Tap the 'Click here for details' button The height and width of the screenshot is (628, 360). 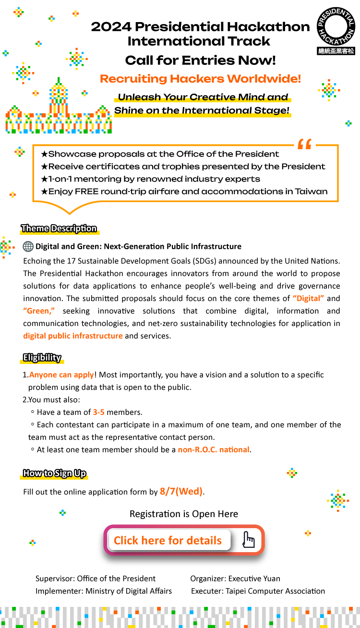[168, 540]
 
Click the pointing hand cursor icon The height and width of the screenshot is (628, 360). [248, 540]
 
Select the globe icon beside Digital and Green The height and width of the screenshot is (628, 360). [28, 246]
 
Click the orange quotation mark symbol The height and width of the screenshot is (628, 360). [304, 144]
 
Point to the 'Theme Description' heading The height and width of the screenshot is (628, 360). [59, 229]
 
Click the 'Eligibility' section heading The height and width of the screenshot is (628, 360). [42, 357]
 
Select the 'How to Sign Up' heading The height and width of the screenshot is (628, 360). [55, 473]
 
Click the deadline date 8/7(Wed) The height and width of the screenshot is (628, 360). [181, 491]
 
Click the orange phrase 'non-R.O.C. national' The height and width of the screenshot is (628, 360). [214, 450]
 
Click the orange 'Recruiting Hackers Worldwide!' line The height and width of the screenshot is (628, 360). [200, 79]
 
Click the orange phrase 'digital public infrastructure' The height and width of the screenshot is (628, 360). [73, 336]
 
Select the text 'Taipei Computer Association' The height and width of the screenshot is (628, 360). [277, 591]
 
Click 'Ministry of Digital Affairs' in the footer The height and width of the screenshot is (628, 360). [129, 591]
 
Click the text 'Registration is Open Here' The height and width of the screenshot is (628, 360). [184, 514]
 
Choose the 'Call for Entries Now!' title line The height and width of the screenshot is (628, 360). [200, 60]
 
